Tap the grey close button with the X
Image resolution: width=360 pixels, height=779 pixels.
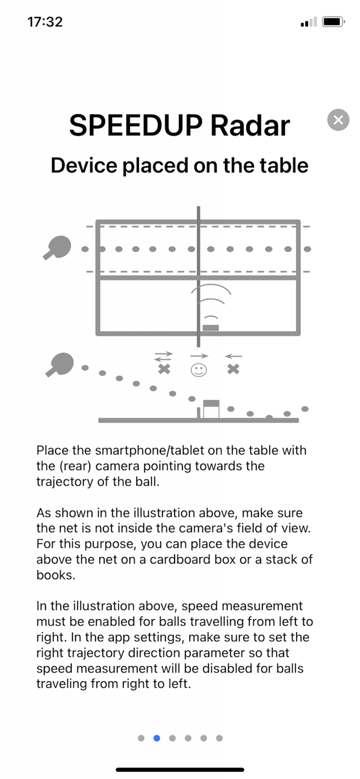[338, 120]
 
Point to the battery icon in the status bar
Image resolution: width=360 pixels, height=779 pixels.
[331, 22]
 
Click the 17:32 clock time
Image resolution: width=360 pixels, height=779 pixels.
[45, 22]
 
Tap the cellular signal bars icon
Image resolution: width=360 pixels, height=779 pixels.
[309, 22]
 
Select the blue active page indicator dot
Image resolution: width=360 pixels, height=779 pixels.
[157, 738]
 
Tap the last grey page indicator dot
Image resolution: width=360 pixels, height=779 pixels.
[219, 738]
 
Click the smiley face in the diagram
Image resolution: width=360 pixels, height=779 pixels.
[198, 370]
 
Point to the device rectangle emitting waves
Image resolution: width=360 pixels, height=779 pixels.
[210, 327]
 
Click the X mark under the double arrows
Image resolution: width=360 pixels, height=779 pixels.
[164, 370]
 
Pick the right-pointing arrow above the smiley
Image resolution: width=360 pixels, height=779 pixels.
[199, 356]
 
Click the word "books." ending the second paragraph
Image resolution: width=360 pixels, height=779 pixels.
[55, 575]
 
